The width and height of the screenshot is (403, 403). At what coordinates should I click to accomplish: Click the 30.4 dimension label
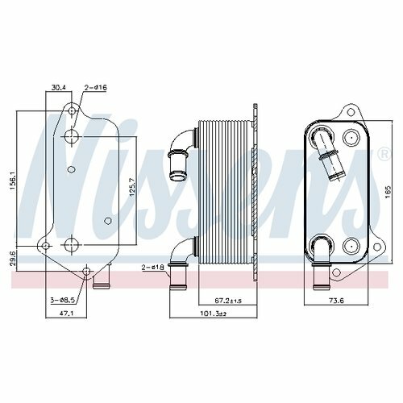59,88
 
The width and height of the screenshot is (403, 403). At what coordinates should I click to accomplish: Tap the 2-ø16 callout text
96,88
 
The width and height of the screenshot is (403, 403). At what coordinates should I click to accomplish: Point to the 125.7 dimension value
132,186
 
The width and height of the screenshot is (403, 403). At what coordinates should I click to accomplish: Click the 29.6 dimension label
14,258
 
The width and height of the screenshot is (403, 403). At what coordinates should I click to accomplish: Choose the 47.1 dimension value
67,313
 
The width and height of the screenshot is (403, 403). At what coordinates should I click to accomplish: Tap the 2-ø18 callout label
153,267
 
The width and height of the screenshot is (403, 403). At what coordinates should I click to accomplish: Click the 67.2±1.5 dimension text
228,301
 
